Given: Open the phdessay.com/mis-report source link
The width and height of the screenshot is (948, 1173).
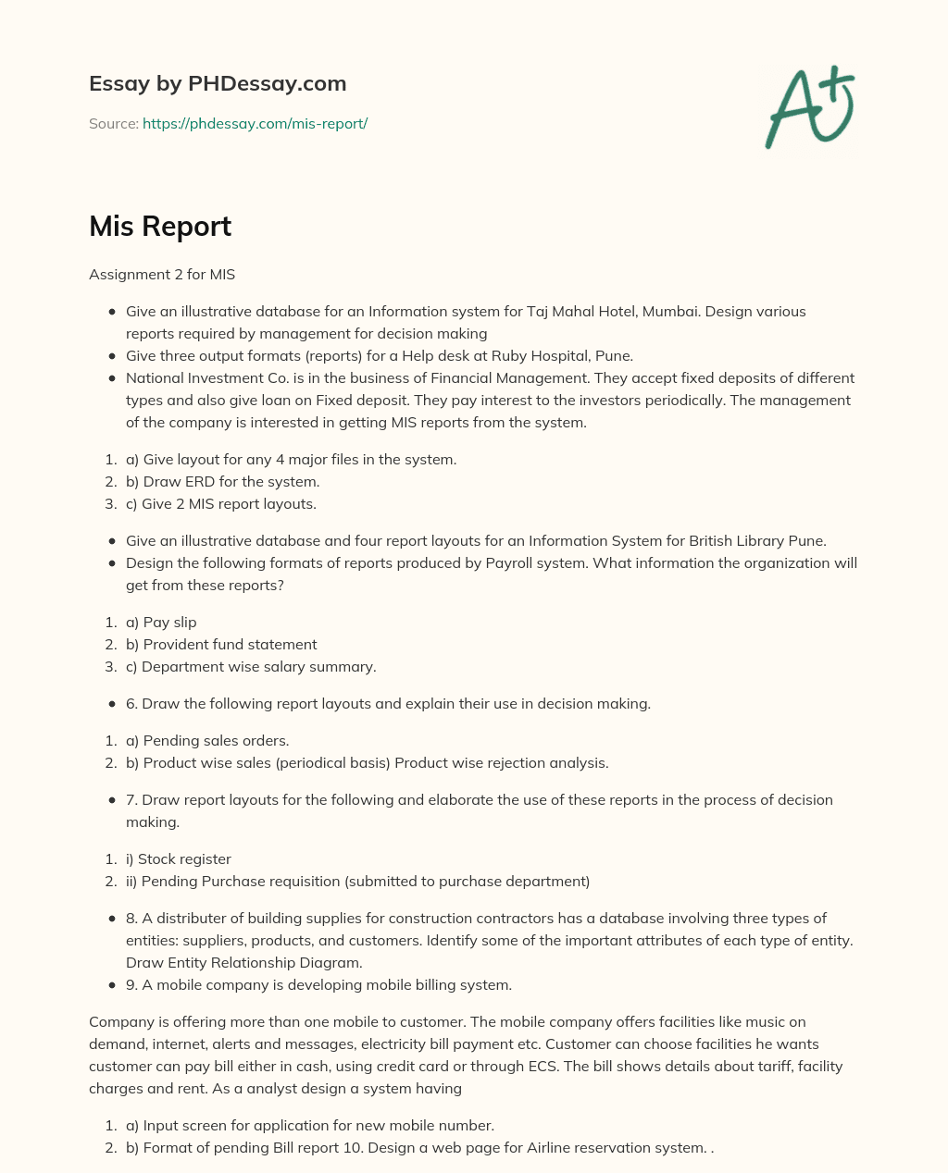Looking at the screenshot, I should point(255,123).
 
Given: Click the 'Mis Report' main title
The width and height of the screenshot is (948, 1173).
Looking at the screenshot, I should point(160,227).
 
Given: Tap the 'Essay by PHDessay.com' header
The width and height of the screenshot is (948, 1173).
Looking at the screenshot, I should point(218,83).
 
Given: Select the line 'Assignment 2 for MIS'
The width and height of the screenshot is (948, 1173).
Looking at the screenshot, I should point(162,275).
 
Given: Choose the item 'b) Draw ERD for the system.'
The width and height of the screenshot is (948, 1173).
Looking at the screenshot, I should point(223,482).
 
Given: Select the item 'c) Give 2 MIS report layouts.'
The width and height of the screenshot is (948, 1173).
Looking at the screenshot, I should point(221,504).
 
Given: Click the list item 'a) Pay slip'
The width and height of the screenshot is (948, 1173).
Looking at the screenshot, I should point(161,623).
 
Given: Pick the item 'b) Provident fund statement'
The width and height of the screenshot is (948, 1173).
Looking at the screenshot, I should point(221,645).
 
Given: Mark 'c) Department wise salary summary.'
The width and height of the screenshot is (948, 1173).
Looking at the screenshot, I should point(251,667).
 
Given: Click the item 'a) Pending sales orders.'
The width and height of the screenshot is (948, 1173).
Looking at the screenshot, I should point(207,741).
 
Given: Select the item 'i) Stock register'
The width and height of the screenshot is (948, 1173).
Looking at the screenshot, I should point(178,859).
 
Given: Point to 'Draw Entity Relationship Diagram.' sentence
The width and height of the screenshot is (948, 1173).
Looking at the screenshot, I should point(243,963).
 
